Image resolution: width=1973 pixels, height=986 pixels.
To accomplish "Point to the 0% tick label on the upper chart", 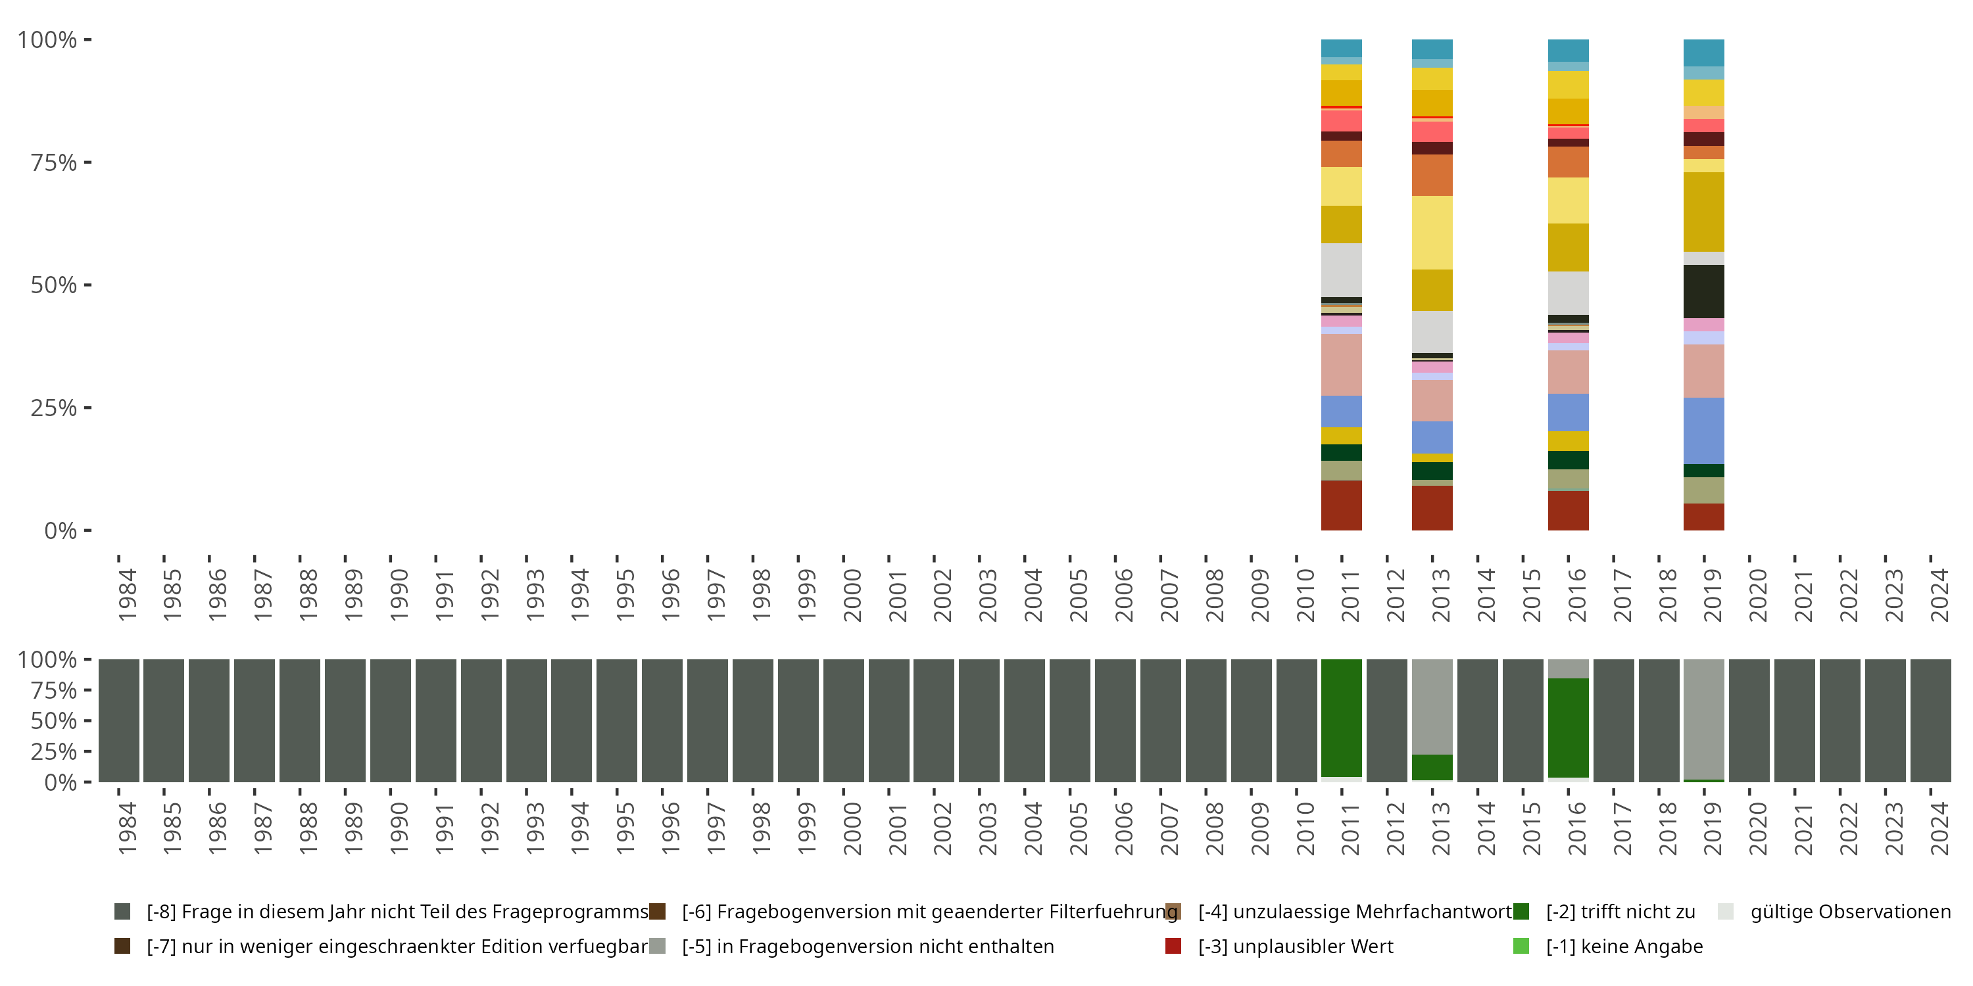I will (x=60, y=530).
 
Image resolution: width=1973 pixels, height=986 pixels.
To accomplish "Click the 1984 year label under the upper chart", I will (x=127, y=594).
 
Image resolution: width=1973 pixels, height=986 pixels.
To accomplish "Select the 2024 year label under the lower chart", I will (x=1939, y=828).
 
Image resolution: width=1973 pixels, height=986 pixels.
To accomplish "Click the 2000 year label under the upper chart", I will (x=852, y=594).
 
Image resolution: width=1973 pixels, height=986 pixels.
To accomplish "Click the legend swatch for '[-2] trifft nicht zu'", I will (x=1521, y=912).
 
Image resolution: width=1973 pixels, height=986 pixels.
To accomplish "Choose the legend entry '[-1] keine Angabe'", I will (x=1624, y=946).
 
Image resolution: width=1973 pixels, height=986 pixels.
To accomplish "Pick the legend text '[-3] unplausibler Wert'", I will (x=1295, y=946).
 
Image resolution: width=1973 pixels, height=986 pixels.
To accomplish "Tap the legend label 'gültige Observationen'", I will (x=1849, y=912).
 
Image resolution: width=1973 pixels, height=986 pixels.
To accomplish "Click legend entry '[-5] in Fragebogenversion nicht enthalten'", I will (x=867, y=946).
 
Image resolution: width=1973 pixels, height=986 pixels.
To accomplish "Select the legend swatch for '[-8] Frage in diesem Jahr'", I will (x=122, y=912).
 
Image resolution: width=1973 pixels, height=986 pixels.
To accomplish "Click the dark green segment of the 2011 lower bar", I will (x=1341, y=717).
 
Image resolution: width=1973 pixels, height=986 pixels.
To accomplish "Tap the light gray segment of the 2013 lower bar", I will (x=1432, y=706).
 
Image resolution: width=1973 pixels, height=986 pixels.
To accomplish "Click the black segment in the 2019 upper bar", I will (x=1703, y=291).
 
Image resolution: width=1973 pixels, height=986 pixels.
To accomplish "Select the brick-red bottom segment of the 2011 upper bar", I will (x=1341, y=505).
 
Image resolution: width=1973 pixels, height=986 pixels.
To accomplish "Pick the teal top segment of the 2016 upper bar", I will (x=1568, y=50).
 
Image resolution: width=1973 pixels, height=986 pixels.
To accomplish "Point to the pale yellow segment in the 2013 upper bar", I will (x=1432, y=232).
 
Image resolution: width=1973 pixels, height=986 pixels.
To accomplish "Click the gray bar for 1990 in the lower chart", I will (x=391, y=720).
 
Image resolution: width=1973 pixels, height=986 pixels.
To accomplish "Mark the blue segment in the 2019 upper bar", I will (x=1703, y=431).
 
